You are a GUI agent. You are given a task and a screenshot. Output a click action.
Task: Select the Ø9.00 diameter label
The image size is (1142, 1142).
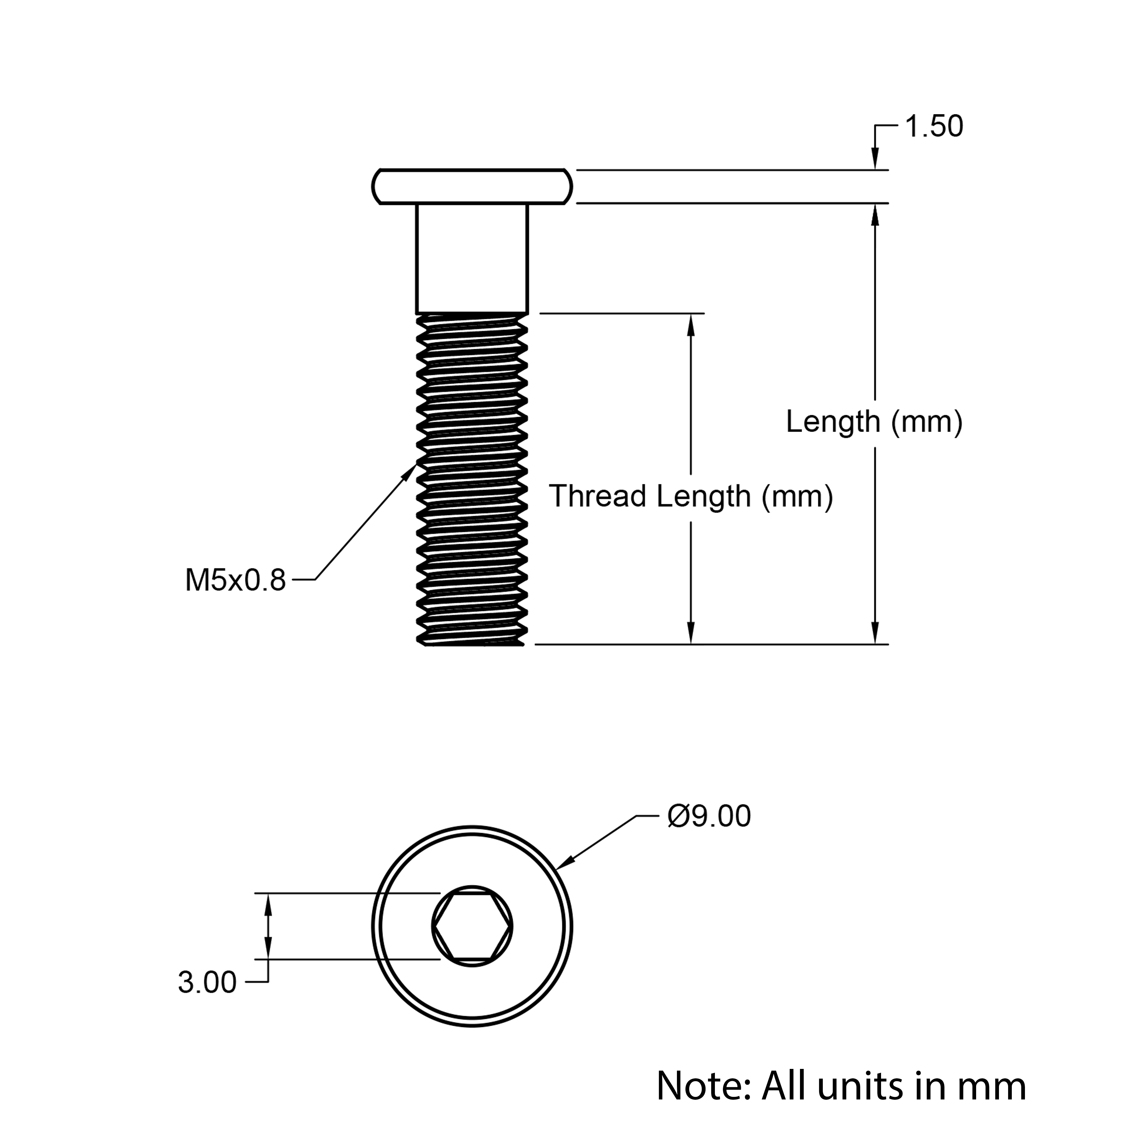pyautogui.click(x=709, y=816)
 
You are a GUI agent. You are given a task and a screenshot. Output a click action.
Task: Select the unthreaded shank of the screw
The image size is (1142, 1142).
pyautogui.click(x=472, y=258)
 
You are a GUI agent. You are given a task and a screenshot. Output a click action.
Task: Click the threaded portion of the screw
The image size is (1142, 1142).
pyautogui.click(x=472, y=479)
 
